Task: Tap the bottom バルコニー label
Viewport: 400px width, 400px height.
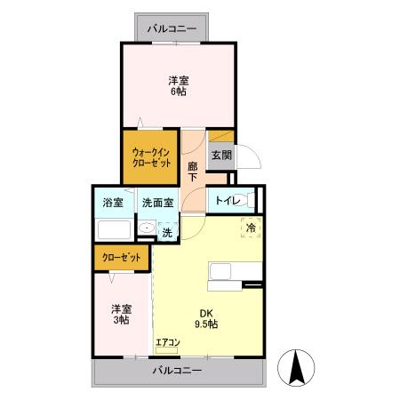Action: tap(177, 370)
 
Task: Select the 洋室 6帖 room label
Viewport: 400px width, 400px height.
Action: tap(179, 85)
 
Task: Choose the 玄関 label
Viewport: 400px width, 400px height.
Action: tap(221, 155)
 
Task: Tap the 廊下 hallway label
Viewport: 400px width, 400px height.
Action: tap(193, 171)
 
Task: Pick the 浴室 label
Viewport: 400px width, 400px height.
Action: tap(112, 202)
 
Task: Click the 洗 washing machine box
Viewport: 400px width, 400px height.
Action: tap(166, 232)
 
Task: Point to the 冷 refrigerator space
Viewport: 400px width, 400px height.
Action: tap(251, 228)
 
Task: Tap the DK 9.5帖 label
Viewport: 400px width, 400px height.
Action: tap(207, 318)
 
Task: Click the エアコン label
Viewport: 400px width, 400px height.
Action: tap(168, 342)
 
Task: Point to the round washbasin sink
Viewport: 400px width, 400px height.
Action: tap(145, 229)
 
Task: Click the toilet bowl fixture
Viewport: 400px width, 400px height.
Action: tap(250, 200)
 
